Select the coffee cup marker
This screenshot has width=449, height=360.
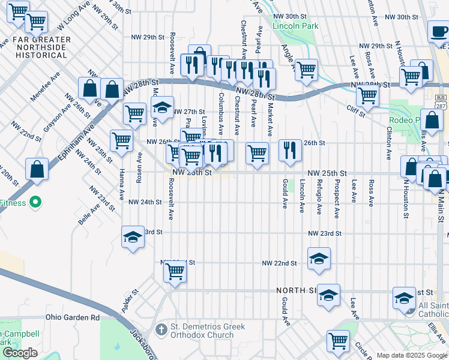pyautogui.click(x=438, y=31)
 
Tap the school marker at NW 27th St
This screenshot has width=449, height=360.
pyautogui.click(x=162, y=108)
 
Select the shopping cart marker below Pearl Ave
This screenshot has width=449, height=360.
pyautogui.click(x=257, y=153)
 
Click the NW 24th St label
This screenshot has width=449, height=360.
pyautogui.click(x=145, y=202)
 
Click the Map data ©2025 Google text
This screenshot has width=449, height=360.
pyautogui.click(x=412, y=355)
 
